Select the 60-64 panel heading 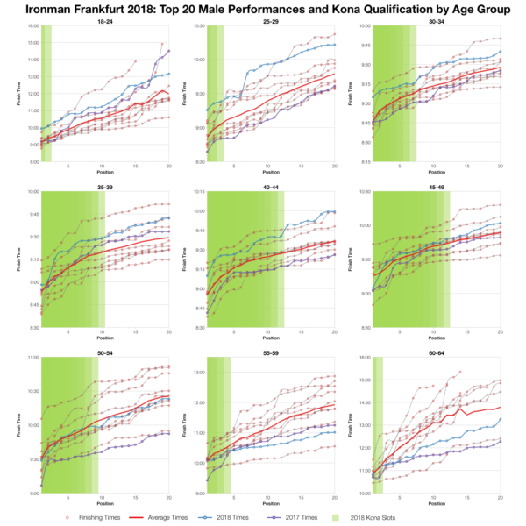click(436, 352)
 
